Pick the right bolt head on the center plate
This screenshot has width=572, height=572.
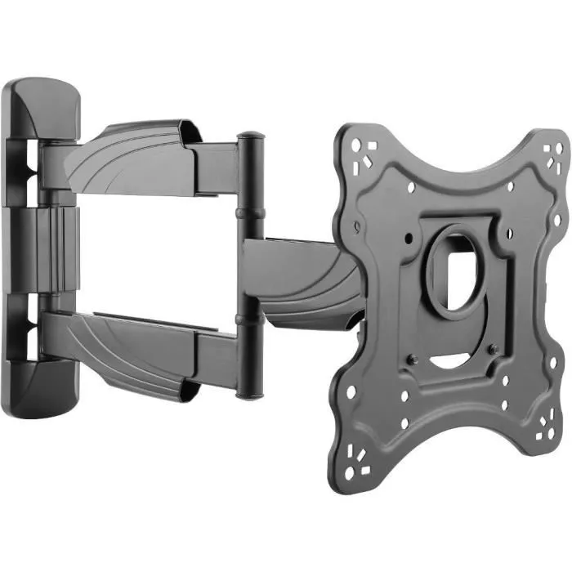(493, 350)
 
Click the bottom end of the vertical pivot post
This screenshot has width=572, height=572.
(248, 392)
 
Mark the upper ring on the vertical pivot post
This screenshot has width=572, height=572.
(249, 212)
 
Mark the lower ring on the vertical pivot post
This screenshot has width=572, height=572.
(248, 319)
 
